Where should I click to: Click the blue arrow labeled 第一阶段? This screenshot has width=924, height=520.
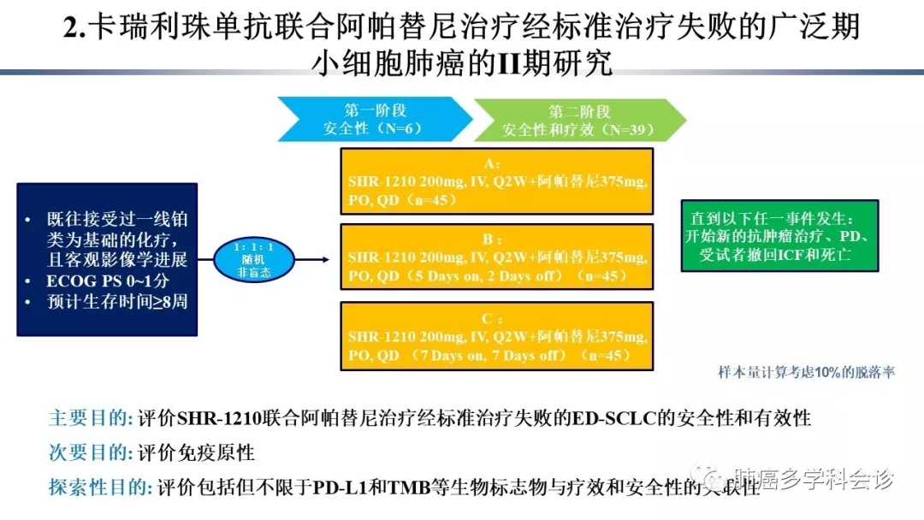pos(375,120)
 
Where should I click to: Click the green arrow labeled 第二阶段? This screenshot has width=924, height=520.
pos(579,120)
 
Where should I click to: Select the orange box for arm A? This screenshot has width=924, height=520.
pos(496,181)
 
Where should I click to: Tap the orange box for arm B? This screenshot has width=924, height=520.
pos(496,257)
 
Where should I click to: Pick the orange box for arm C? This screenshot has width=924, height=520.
pos(496,336)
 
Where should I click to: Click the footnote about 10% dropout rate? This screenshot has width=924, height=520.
pos(806,372)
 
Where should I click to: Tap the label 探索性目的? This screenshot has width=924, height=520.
pos(101,487)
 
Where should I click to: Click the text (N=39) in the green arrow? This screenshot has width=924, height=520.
pos(627,130)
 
